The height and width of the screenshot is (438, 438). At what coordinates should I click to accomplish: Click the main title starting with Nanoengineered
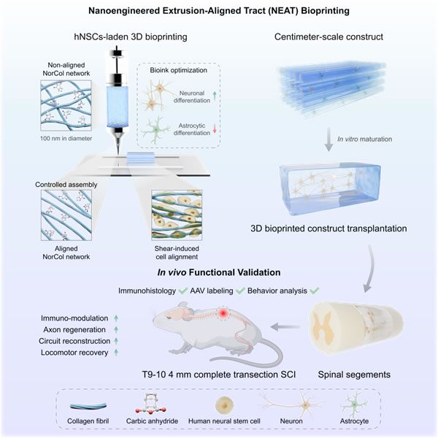[x=218, y=10]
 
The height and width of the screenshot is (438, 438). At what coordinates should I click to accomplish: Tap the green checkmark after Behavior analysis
[x=315, y=291]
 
